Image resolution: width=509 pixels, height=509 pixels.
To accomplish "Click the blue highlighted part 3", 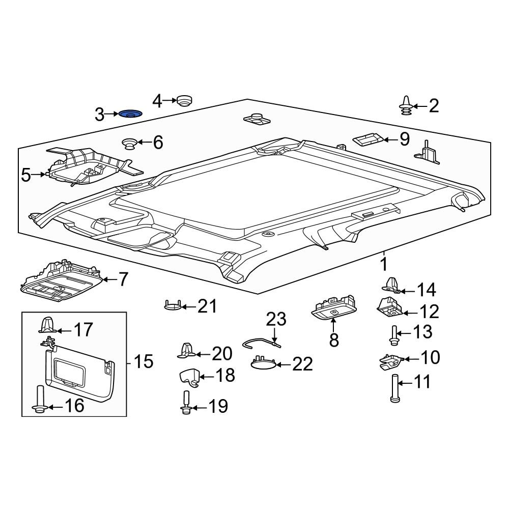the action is tap(130, 114).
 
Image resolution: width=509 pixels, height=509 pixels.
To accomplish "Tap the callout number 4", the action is tap(157, 101).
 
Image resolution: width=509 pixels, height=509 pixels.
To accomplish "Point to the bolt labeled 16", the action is tap(40, 400).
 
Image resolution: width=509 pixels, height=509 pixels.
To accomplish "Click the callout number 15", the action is tap(144, 361).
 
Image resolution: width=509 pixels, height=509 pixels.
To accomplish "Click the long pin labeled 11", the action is tap(395, 388).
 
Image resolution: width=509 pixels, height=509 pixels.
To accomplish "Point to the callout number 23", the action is tap(276, 319).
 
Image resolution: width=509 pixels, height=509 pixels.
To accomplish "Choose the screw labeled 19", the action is tap(185, 403).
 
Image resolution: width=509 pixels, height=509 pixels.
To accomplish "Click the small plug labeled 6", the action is tap(129, 143).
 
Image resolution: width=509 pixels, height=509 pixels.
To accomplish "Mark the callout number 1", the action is tap(384, 264).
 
